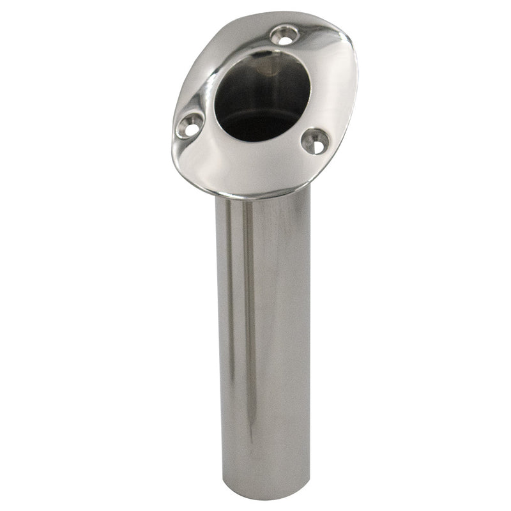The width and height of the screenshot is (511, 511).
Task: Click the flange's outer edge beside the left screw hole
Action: (x=173, y=131)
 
